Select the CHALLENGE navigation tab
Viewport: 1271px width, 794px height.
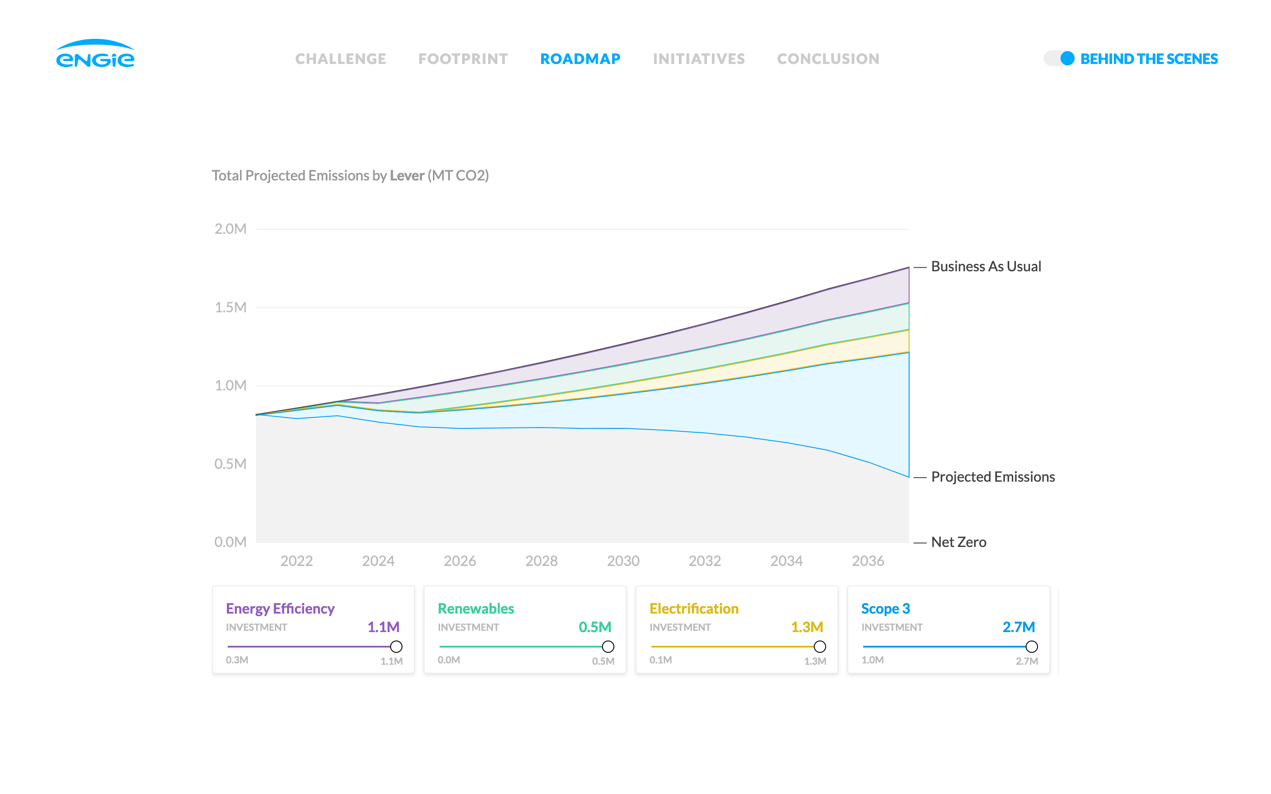[x=340, y=59]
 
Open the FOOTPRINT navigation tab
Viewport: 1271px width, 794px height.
[x=463, y=59]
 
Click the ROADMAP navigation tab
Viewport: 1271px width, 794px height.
[x=580, y=59]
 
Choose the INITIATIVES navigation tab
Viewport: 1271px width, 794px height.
[x=699, y=59]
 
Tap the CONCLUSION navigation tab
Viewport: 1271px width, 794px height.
[x=828, y=59]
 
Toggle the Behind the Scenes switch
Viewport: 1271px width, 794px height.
[x=1059, y=58]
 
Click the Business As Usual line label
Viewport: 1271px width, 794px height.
[x=985, y=267]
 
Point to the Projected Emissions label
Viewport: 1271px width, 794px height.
[x=992, y=477]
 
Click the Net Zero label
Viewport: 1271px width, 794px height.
[x=958, y=542]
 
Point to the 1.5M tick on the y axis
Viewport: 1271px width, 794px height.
[x=230, y=307]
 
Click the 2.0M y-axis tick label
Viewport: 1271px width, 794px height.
[x=230, y=229]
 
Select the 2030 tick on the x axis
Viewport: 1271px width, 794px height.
[x=623, y=561]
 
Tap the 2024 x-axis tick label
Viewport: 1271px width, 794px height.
[x=378, y=561]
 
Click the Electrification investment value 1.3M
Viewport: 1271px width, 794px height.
[x=807, y=627]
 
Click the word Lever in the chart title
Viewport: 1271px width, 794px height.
[x=406, y=176]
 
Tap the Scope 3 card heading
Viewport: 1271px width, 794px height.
[x=885, y=609]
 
